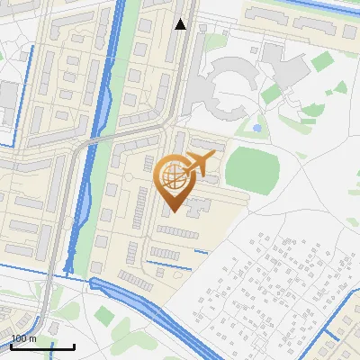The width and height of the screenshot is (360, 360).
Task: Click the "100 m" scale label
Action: (x=24, y=338)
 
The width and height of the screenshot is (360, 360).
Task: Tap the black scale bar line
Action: (x=42, y=346)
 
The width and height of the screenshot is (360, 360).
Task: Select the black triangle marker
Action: (x=181, y=24)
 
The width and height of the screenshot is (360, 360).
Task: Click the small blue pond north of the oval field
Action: (x=257, y=129)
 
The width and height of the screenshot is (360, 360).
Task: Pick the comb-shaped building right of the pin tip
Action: (x=199, y=210)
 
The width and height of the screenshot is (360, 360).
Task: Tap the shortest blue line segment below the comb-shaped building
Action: (x=201, y=251)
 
